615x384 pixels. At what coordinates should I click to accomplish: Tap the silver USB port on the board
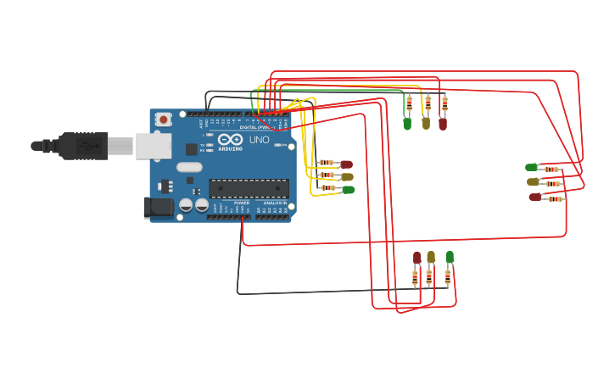[153, 147]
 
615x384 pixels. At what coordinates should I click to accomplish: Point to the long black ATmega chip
[249, 188]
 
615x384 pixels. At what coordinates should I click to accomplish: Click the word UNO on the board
[259, 140]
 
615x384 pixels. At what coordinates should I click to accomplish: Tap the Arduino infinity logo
[230, 140]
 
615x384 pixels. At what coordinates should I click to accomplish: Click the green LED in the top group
[407, 124]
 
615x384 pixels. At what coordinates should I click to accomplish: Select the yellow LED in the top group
[426, 123]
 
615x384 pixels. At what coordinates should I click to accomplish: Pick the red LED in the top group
[443, 124]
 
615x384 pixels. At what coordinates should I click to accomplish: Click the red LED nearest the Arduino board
[346, 164]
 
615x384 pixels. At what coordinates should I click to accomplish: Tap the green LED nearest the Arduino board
[348, 190]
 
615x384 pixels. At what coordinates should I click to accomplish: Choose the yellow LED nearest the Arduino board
[347, 177]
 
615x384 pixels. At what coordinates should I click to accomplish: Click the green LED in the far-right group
[532, 168]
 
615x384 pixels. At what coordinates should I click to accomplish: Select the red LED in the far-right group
[535, 197]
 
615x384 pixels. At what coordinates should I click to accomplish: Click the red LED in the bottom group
[417, 257]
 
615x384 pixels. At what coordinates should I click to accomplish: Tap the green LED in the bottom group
[450, 256]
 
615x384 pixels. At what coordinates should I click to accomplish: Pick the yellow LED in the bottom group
[431, 257]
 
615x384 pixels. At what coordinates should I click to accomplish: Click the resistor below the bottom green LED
[448, 277]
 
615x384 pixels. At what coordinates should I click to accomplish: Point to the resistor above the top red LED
[444, 104]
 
